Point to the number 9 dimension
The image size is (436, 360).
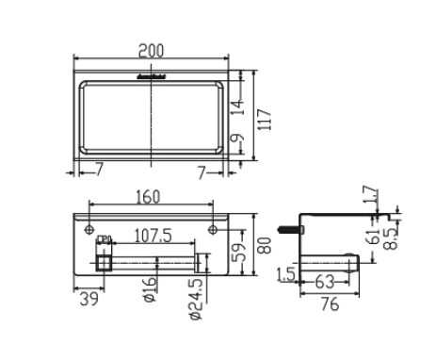(245, 142)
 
